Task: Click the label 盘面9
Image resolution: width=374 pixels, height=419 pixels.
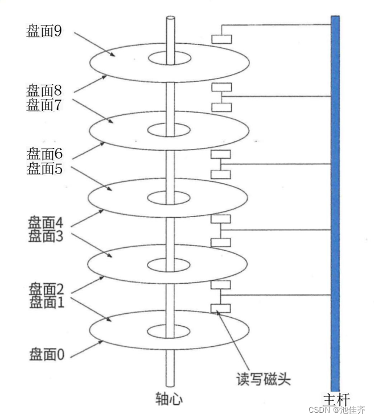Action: click(44, 31)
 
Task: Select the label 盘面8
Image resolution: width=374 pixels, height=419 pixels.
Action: click(44, 90)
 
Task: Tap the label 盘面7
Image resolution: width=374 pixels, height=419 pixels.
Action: click(44, 105)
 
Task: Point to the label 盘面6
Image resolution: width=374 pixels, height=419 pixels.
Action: click(44, 154)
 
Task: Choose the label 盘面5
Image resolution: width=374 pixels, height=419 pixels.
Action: click(44, 168)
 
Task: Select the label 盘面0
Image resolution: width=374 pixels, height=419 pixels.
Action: click(47, 355)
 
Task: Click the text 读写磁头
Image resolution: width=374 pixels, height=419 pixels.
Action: click(263, 379)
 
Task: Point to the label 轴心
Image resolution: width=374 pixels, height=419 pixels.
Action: click(169, 400)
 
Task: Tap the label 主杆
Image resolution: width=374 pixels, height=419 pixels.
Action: click(335, 400)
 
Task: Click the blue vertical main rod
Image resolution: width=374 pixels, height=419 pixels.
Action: click(335, 199)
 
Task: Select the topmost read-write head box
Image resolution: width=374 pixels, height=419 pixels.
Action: click(221, 39)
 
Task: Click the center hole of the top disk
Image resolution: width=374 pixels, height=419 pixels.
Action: click(170, 58)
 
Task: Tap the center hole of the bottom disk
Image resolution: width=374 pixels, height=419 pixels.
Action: click(170, 331)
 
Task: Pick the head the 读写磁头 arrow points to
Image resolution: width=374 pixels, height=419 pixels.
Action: click(221, 308)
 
